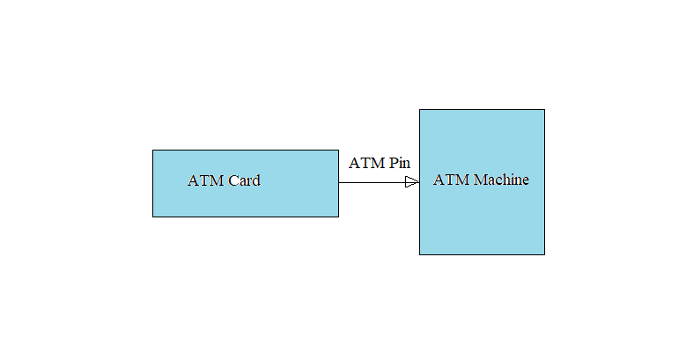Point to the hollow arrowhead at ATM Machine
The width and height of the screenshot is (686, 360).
[x=412, y=182]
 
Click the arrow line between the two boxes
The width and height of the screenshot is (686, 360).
[x=371, y=182]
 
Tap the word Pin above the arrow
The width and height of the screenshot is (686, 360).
[x=400, y=163]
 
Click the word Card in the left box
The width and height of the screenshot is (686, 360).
[x=244, y=181]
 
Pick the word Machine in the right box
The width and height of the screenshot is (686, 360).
[x=502, y=180]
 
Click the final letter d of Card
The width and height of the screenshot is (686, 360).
[x=256, y=181]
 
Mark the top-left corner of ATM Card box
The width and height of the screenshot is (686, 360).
[x=153, y=151]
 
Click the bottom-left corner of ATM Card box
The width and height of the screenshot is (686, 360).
[x=153, y=216]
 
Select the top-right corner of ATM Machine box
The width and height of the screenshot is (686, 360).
[x=544, y=110]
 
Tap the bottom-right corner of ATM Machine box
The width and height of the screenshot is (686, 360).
[x=544, y=254]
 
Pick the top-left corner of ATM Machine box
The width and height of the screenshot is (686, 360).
[x=420, y=110]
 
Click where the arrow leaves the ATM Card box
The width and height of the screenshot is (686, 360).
[x=339, y=182]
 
